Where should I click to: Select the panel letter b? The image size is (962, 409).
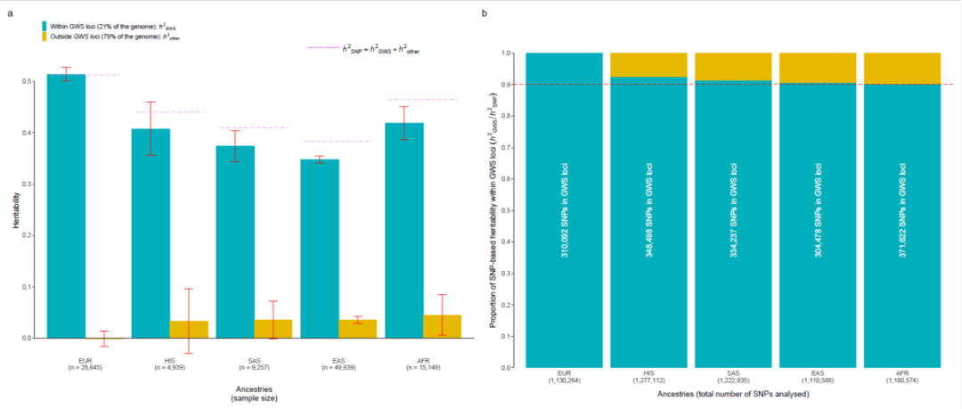pyautogui.click(x=484, y=14)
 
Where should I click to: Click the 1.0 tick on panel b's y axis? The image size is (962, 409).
pyautogui.click(x=511, y=53)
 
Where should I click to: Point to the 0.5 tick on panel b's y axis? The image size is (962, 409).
pyautogui.click(x=511, y=210)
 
